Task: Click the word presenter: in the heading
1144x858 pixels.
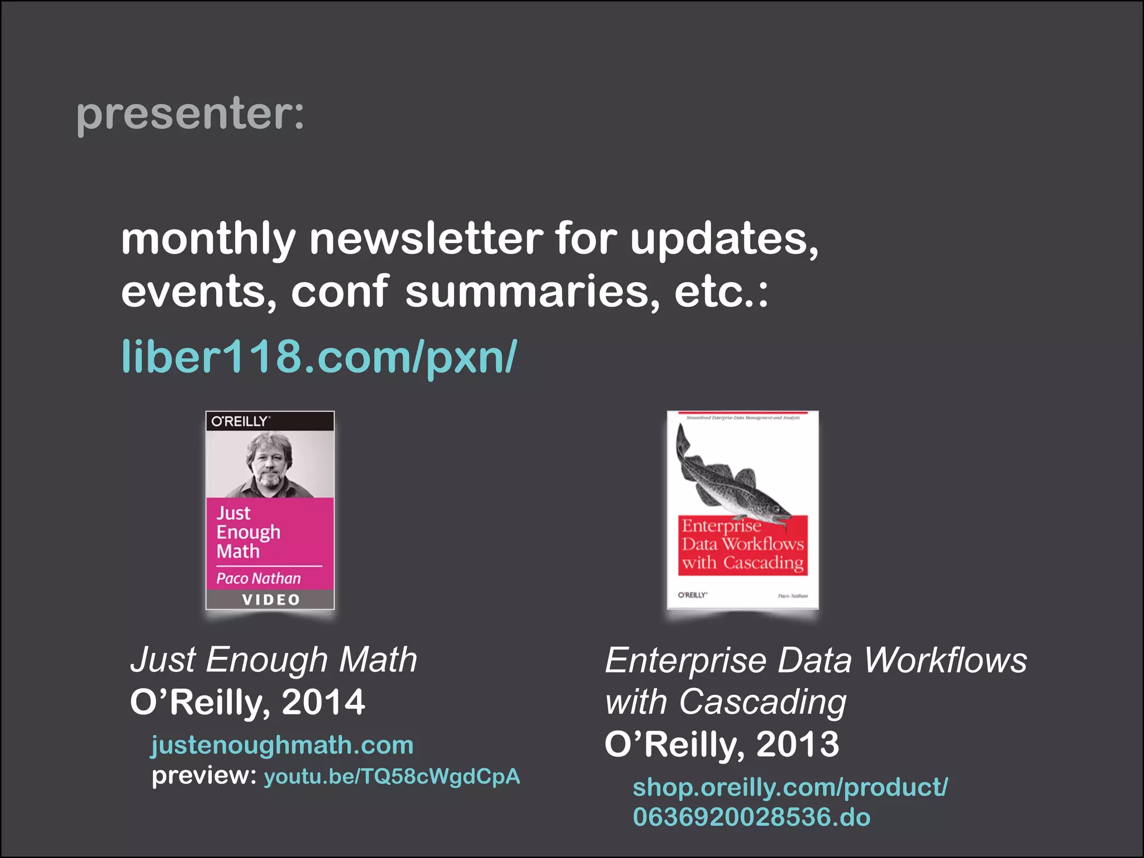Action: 190,114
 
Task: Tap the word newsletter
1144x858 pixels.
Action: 426,239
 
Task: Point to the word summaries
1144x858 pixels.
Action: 532,292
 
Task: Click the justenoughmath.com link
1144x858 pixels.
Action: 282,745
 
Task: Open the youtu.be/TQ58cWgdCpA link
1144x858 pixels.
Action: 392,776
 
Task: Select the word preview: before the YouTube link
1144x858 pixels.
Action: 204,775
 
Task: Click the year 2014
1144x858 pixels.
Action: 323,702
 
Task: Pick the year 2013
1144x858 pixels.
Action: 797,745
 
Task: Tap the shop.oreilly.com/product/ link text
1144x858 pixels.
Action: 790,787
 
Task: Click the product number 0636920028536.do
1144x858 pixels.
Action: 751,817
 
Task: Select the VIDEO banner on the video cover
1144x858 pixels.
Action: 270,600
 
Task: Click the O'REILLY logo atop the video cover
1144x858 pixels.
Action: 240,421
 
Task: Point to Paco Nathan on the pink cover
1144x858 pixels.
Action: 258,578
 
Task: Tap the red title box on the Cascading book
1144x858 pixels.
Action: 743,545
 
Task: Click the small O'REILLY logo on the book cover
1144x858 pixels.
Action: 692,595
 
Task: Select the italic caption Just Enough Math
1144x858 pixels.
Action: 274,660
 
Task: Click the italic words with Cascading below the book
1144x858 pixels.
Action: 725,702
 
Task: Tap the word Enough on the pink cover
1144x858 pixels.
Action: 248,532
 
